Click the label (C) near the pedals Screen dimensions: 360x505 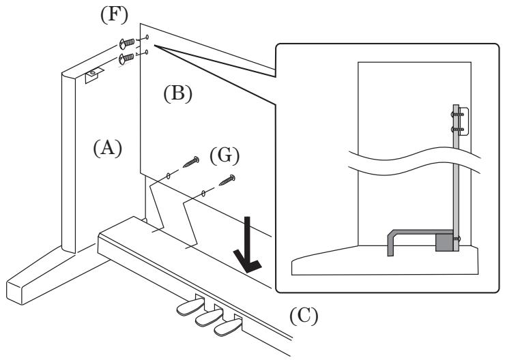pyautogui.click(x=302, y=317)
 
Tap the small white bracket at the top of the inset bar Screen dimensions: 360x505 pyautogui.click(x=463, y=121)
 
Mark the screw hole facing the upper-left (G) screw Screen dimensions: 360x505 pyautogui.click(x=168, y=176)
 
